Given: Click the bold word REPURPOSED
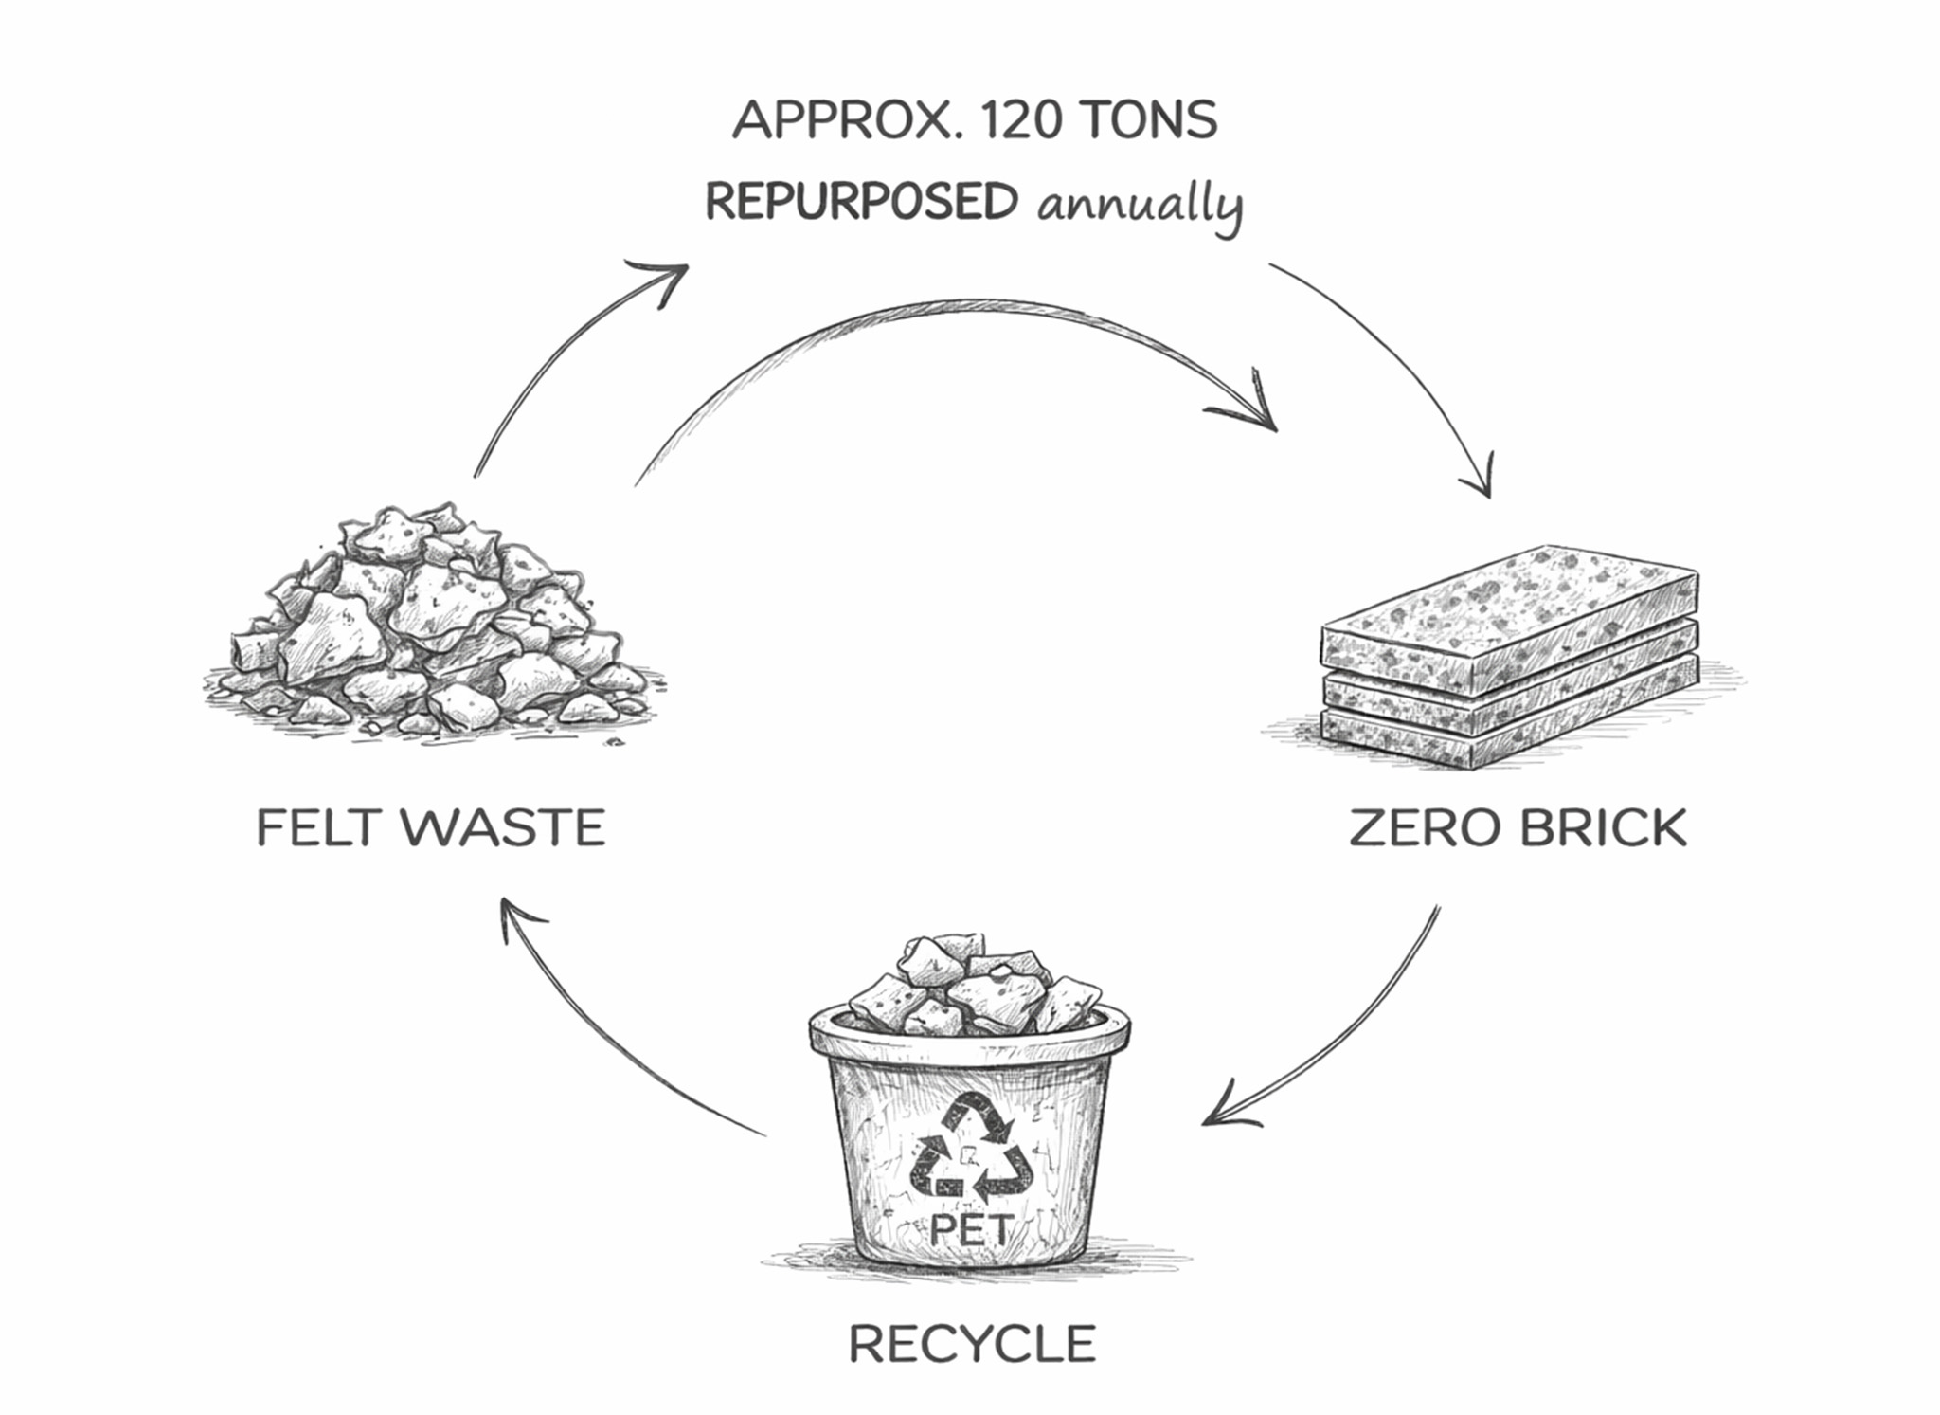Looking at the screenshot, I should click(861, 202).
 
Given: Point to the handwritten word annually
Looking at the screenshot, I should click(1139, 205).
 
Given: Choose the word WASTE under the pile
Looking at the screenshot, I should click(503, 827).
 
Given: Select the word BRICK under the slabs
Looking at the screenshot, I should click(1604, 827).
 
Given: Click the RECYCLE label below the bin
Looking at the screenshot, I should click(972, 1344).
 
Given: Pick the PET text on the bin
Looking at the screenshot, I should click(972, 1229).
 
